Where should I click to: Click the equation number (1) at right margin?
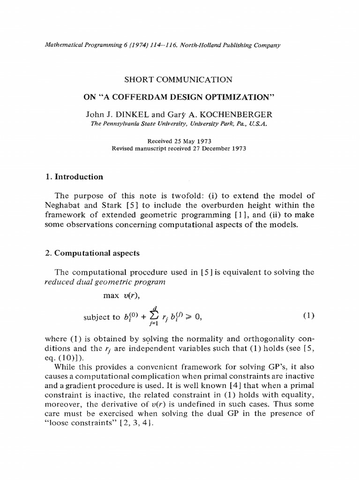(308, 315)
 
